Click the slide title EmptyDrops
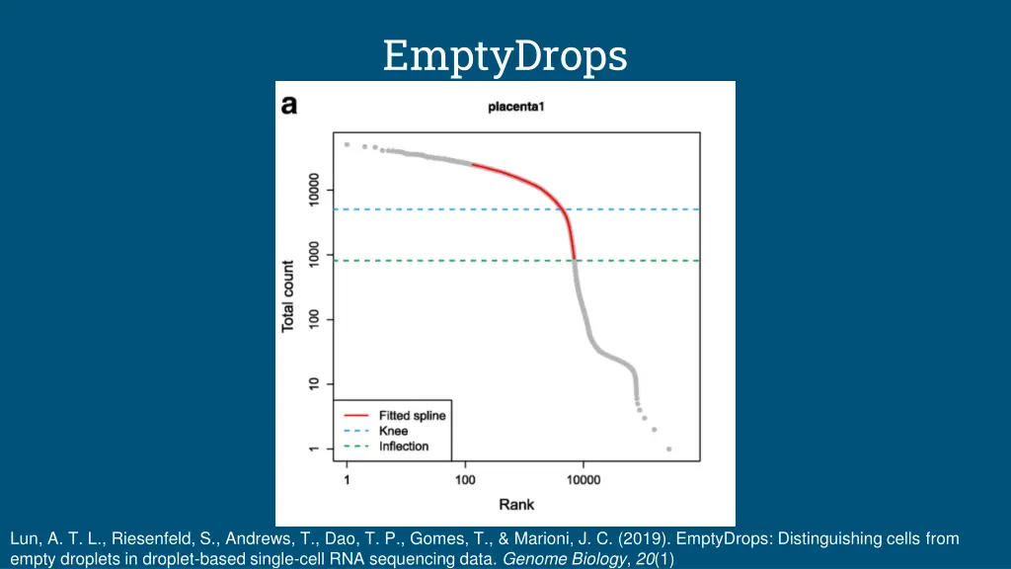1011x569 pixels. point(505,55)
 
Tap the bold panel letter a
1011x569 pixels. point(289,105)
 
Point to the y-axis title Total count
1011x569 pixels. point(288,295)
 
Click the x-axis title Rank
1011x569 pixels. point(516,505)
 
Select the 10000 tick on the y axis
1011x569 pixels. point(314,190)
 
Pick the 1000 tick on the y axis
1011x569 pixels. point(314,255)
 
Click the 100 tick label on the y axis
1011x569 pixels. point(314,320)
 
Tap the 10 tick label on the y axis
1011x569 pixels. point(314,384)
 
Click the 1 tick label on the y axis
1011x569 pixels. point(314,448)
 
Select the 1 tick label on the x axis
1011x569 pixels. point(347,480)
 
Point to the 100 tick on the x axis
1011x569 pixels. point(465,480)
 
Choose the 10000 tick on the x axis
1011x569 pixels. point(583,480)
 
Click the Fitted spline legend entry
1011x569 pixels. point(412,416)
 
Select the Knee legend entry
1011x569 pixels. point(393,431)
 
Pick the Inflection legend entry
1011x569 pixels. point(404,447)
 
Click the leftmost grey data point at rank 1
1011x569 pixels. point(347,144)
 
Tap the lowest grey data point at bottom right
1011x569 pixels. point(668,448)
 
